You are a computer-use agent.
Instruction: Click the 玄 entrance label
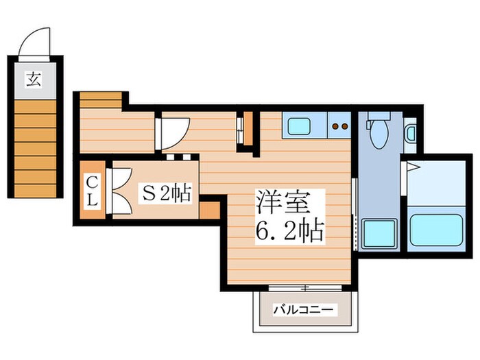(34, 79)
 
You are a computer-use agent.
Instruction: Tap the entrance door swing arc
(34, 41)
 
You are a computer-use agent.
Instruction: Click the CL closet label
(93, 191)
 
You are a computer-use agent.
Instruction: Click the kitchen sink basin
(298, 126)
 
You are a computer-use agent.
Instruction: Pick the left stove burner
(334, 126)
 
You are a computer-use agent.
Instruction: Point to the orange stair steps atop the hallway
(101, 100)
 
